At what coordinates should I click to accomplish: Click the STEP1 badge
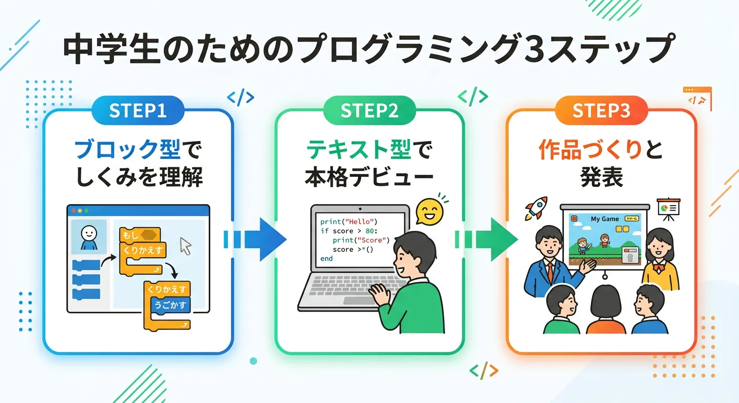(138, 111)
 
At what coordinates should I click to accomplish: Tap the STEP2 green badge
(369, 111)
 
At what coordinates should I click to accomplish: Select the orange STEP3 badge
(601, 111)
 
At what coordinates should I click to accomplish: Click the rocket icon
(537, 208)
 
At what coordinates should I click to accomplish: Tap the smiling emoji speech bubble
(428, 212)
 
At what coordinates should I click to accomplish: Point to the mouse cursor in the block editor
(186, 246)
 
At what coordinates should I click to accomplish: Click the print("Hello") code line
(349, 221)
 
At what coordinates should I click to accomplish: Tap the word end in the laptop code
(326, 259)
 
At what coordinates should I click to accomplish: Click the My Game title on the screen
(605, 219)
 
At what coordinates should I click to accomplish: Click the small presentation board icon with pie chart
(669, 207)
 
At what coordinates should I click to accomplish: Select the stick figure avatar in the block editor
(89, 236)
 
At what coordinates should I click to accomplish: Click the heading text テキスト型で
(369, 150)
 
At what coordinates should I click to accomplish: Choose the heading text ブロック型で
(138, 150)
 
